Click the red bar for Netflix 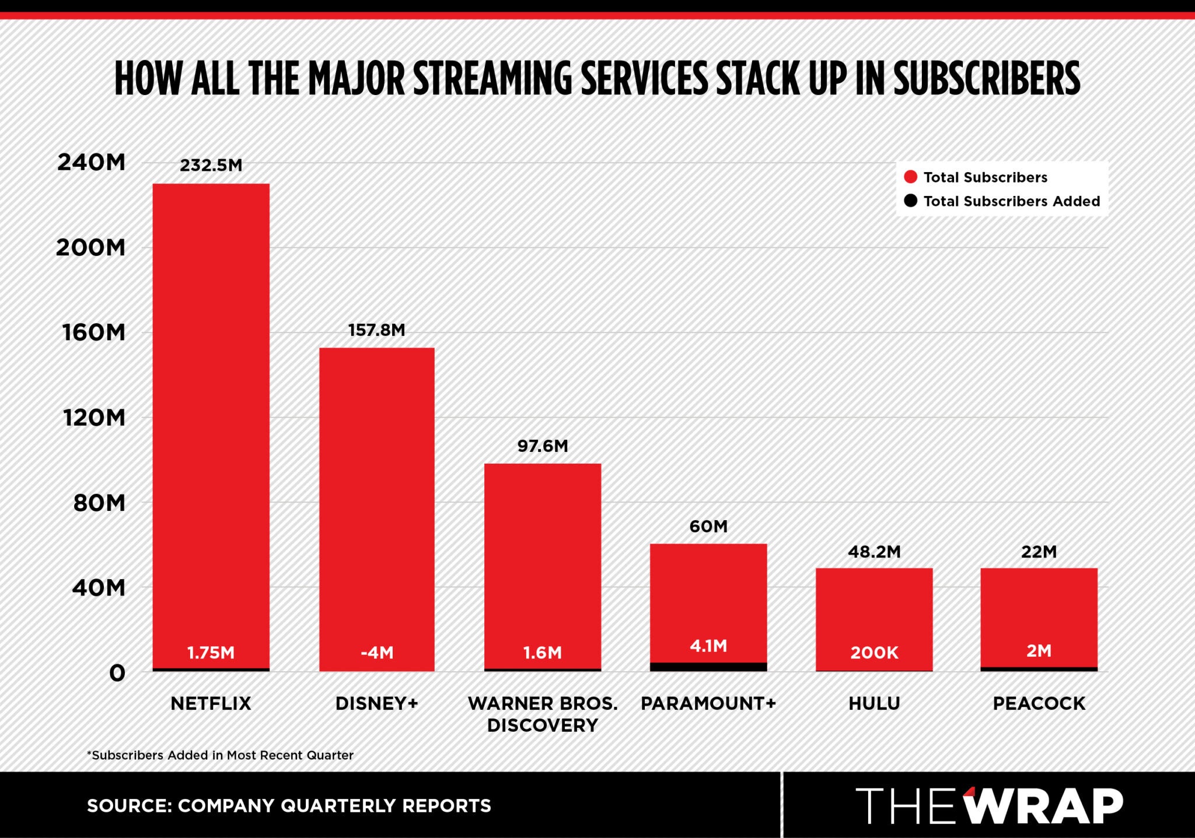(211, 408)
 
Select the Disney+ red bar (376, 496)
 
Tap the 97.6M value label (542, 446)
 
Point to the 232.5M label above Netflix (211, 166)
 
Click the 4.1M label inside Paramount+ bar (708, 646)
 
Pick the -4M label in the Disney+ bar (377, 653)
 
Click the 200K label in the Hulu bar (873, 653)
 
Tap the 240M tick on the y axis (90, 163)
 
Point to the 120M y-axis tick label (95, 418)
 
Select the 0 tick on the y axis (117, 674)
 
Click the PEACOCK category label (1039, 703)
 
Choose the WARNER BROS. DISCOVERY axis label (542, 714)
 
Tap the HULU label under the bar (873, 703)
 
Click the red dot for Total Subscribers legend (910, 177)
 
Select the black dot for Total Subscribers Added (910, 201)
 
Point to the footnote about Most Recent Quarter (220, 755)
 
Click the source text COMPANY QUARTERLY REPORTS (334, 806)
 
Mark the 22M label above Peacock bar (1039, 552)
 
